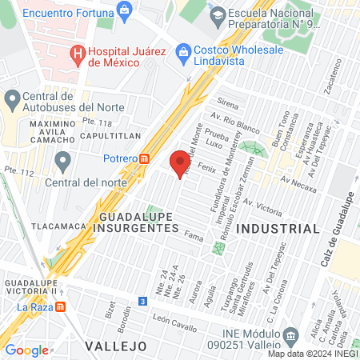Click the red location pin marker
coord(178,163)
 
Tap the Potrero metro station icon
coord(144,158)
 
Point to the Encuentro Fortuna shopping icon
coord(124,10)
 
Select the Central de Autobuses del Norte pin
coord(11,100)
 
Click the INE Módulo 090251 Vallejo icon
coord(292,334)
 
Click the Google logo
coord(26,350)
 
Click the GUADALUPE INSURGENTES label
coord(139,222)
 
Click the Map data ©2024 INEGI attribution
coord(312,354)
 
